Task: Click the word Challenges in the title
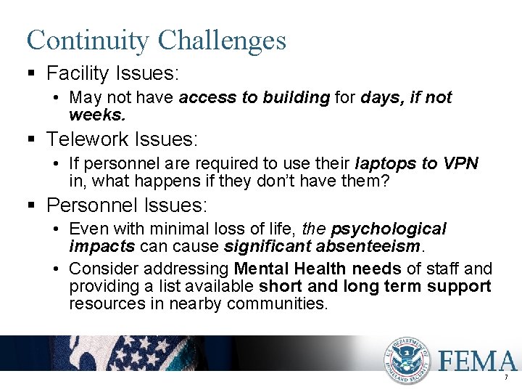click(x=222, y=40)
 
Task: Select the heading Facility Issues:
click(x=113, y=73)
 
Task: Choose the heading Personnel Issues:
click(x=127, y=205)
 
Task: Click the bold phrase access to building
click(x=254, y=98)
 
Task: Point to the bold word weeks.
click(x=96, y=115)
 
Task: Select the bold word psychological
click(x=389, y=229)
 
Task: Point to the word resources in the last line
click(x=107, y=303)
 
